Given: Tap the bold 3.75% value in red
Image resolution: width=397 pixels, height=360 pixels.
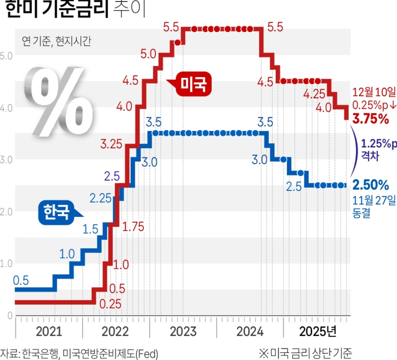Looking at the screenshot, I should tap(371, 119).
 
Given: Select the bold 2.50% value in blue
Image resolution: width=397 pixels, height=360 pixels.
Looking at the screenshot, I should tap(371, 184).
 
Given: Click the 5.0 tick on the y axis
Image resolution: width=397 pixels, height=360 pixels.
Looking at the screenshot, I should tap(6, 56).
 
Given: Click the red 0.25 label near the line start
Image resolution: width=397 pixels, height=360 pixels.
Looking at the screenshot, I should tap(110, 304).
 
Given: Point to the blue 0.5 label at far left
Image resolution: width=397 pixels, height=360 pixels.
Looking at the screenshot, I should tap(21, 281).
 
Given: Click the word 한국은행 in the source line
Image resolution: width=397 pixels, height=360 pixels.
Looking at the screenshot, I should tap(39, 354).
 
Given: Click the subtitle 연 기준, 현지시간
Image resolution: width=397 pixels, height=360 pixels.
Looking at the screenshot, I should tap(56, 40).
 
